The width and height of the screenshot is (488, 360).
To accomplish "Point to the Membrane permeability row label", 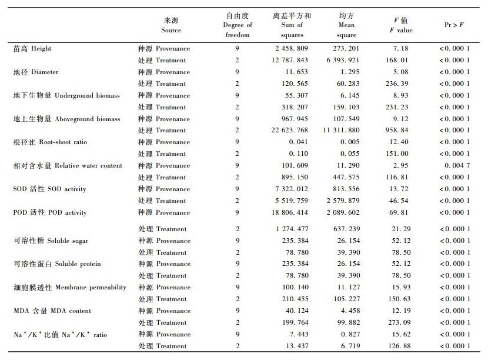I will [x=69, y=287].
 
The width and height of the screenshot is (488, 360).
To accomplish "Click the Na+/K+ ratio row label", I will [x=52, y=334].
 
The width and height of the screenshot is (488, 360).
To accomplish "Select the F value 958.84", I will [x=403, y=130].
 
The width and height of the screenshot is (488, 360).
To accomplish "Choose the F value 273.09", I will [x=403, y=322].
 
